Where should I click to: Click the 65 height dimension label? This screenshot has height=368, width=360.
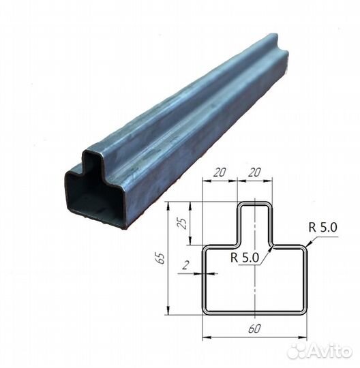tap(162, 258)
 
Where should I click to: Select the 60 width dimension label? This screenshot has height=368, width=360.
tap(254, 328)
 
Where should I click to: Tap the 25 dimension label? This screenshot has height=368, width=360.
tap(182, 224)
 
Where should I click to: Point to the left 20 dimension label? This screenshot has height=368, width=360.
tap(220, 172)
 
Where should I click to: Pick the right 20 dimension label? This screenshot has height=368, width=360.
tap(254, 172)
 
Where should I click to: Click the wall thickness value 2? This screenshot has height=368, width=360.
tap(186, 265)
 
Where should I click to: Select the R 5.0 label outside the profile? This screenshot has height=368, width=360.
tap(322, 227)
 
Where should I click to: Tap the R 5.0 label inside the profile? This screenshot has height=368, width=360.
tap(245, 257)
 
